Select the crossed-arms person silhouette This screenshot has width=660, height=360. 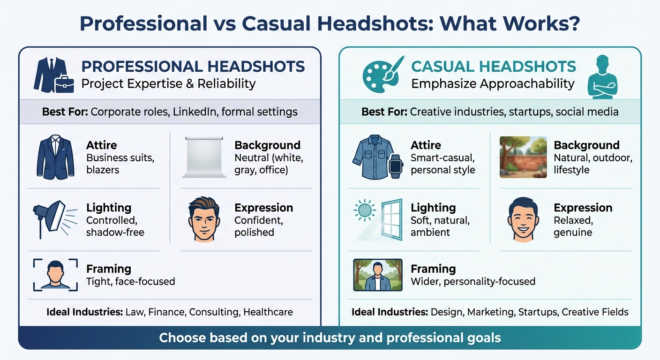[602, 77]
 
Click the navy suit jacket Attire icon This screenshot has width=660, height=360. [55, 157]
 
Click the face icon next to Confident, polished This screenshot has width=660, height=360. [204, 219]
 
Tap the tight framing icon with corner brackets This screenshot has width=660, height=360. [55, 275]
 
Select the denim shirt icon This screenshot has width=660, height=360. [371, 157]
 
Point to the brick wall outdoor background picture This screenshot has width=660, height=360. [523, 157]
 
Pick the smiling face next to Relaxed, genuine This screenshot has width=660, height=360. [524, 219]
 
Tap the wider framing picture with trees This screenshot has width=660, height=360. [377, 275]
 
